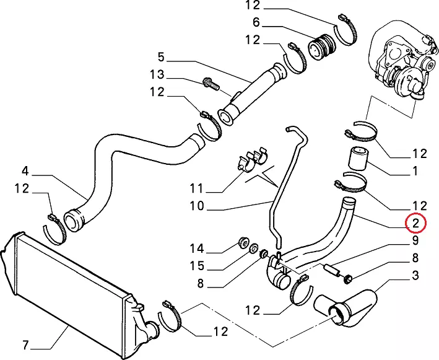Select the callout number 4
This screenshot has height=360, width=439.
[x=25, y=170]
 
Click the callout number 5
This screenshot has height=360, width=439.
[x=161, y=58]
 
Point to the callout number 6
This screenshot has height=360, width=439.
[x=255, y=24]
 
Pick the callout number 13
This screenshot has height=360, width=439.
[x=156, y=75]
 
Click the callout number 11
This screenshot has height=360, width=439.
[x=196, y=187]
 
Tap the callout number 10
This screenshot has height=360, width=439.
[x=196, y=206]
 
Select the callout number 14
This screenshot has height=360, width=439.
[x=196, y=249]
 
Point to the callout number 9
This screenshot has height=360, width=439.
[x=415, y=240]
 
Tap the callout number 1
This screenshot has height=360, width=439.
[x=415, y=170]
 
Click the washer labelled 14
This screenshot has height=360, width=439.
[x=243, y=242]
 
